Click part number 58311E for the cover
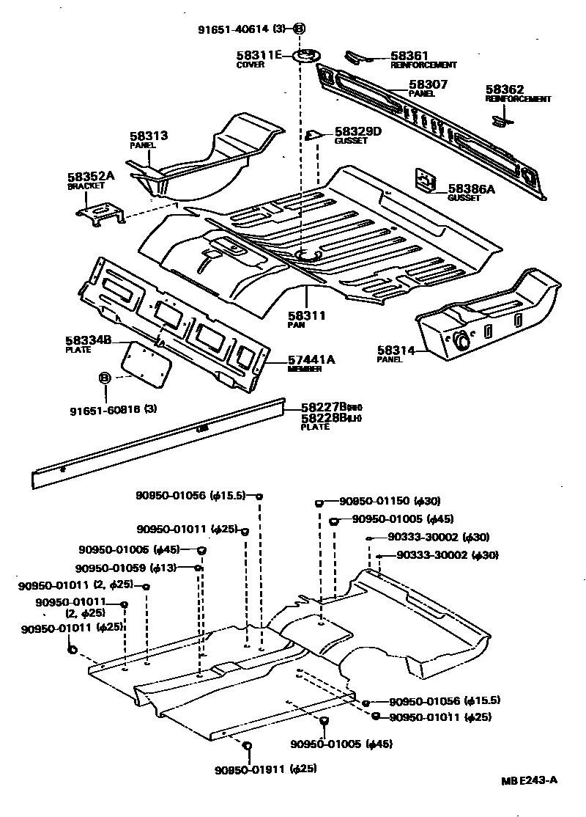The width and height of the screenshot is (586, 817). (259, 55)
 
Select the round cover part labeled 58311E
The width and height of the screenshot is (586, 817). (306, 56)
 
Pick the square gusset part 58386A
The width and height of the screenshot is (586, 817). (424, 180)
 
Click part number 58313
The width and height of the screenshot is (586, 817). (149, 136)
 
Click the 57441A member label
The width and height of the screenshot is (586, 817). (311, 359)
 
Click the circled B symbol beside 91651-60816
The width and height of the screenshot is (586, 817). (104, 378)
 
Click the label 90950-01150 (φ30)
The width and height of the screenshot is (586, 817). (389, 502)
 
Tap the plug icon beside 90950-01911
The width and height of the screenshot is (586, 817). (247, 746)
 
